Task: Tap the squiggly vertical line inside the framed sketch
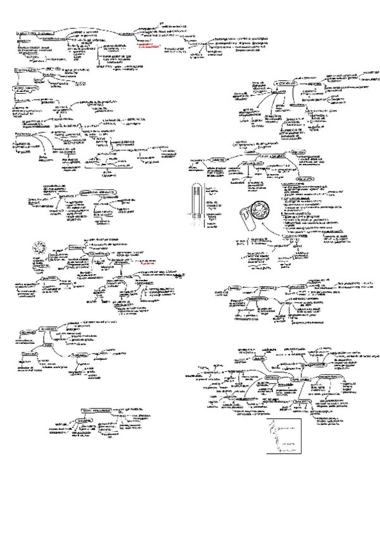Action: pyautogui.click(x=276, y=438)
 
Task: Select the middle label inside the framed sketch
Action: pyautogui.click(x=290, y=438)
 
